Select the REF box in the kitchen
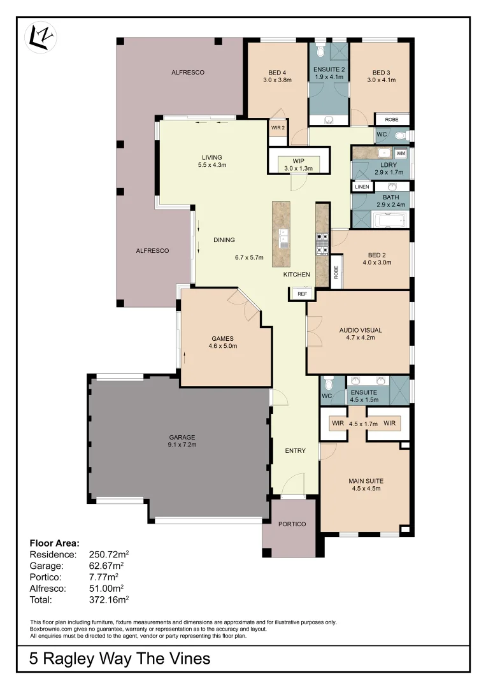(x=302, y=294)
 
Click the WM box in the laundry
(x=401, y=154)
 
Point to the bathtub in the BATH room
(x=389, y=221)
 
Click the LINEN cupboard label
(x=362, y=187)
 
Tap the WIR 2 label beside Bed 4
(x=278, y=127)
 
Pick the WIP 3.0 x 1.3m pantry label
(x=299, y=164)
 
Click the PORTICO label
(x=292, y=524)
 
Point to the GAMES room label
(x=223, y=342)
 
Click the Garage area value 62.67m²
(x=106, y=565)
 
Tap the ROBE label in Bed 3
(x=391, y=119)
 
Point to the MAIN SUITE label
(x=366, y=485)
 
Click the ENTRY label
(x=295, y=451)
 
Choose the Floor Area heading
(x=55, y=543)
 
